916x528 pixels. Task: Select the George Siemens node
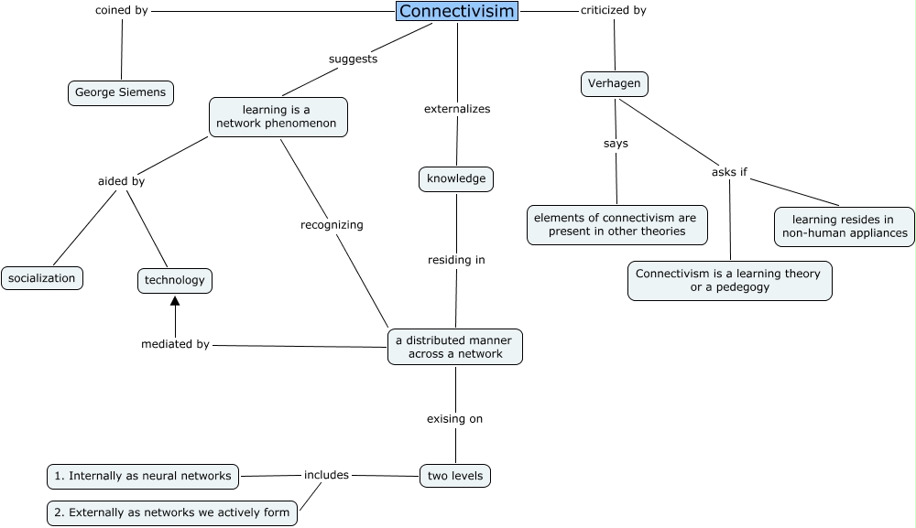(121, 92)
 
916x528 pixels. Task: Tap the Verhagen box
(615, 84)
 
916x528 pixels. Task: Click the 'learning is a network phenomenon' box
(278, 117)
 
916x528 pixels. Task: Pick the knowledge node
(456, 178)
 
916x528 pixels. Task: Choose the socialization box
(42, 278)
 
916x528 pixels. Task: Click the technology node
(175, 280)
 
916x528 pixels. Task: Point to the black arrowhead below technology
(175, 301)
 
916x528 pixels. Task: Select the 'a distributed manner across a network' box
(455, 347)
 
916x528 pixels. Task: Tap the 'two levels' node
(455, 476)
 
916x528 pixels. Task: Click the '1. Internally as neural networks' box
(144, 476)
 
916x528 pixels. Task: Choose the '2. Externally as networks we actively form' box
(172, 512)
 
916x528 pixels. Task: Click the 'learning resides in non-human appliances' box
(844, 226)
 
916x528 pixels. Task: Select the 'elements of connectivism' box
(616, 224)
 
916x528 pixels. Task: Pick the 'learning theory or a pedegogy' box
(729, 280)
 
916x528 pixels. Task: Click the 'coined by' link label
(121, 11)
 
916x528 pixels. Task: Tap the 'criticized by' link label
(613, 11)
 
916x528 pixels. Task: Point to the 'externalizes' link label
(456, 109)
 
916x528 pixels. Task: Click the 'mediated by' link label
(175, 344)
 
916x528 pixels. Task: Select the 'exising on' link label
(454, 418)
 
